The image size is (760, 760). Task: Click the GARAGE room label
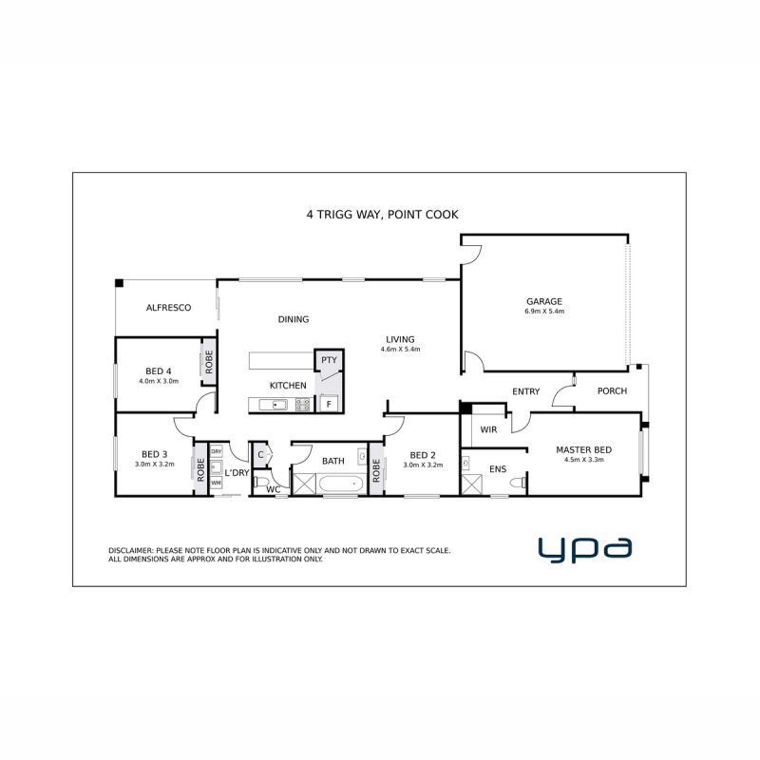click(543, 301)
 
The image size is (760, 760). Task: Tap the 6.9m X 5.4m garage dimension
click(543, 312)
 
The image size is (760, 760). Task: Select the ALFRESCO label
click(169, 307)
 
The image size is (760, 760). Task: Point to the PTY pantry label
click(329, 360)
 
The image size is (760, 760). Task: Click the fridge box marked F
click(329, 404)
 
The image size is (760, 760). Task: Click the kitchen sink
click(273, 405)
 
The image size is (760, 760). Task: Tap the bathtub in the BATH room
click(341, 484)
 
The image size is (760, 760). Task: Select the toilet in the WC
click(262, 482)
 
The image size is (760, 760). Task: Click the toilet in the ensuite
click(518, 483)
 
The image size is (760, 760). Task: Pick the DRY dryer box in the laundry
click(217, 451)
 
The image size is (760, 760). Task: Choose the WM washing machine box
click(217, 484)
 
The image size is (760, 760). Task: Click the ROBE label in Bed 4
click(209, 362)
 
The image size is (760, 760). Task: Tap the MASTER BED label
click(583, 449)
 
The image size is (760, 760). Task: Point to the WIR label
click(488, 429)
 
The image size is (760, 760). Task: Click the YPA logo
click(585, 549)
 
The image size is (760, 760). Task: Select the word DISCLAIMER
click(131, 551)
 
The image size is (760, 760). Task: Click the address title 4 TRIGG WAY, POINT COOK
click(383, 215)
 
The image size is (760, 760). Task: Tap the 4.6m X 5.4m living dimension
click(400, 349)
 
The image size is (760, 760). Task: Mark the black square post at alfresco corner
click(120, 283)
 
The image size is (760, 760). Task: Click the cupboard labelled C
click(260, 455)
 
